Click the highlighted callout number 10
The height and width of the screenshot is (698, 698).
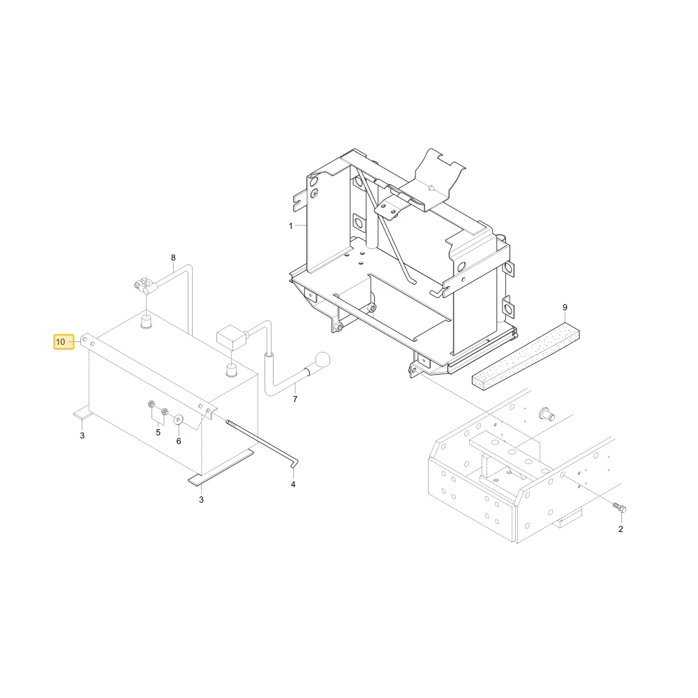[x=61, y=342]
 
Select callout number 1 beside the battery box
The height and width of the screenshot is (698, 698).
[x=290, y=226]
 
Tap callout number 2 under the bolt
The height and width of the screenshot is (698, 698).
[x=621, y=529]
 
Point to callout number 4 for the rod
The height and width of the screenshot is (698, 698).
[x=293, y=484]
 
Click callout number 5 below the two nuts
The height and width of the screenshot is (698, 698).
[x=158, y=433]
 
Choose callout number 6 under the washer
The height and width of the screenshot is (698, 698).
[x=179, y=441]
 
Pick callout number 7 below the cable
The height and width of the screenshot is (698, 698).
[x=295, y=399]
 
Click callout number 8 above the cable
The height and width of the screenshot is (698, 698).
[x=173, y=258]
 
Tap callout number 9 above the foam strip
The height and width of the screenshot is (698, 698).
[x=565, y=308]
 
